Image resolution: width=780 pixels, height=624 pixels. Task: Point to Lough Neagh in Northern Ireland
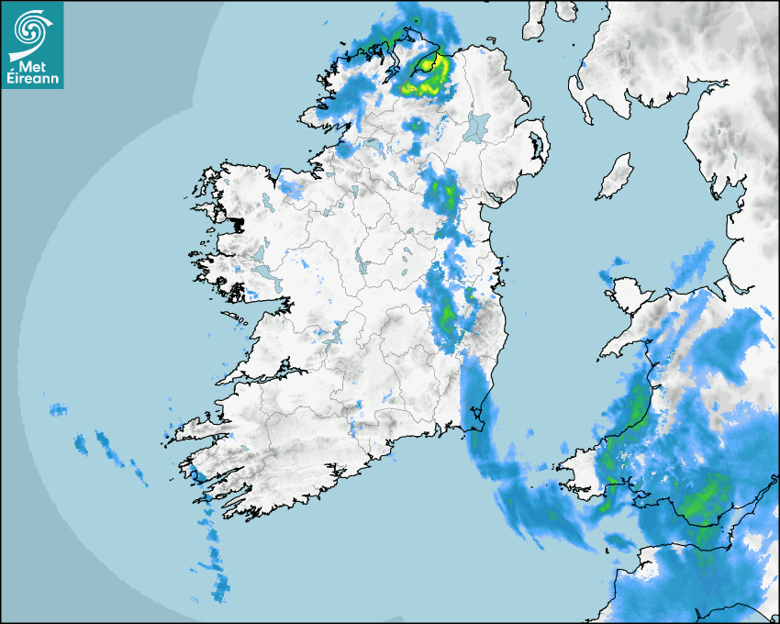coord(478,127)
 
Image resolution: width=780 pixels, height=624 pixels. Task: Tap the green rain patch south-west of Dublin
coord(446,313)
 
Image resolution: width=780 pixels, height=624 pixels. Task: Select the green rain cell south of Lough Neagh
coord(444,193)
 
